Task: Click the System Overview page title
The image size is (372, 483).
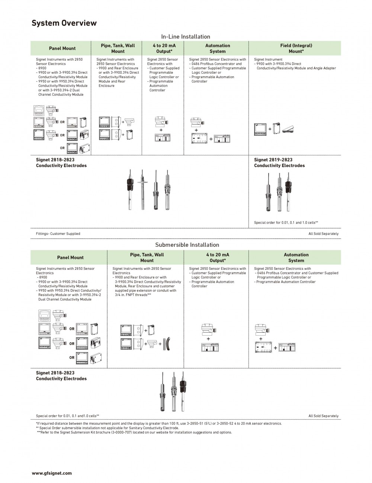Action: click(64, 23)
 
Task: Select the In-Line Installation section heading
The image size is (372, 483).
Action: click(186, 36)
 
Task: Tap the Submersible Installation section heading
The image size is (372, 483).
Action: click(187, 245)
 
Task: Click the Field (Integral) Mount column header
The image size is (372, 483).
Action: click(296, 48)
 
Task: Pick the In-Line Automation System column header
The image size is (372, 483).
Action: click(218, 48)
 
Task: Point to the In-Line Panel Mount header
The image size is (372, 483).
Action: click(62, 48)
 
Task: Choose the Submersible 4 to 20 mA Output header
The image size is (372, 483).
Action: click(218, 258)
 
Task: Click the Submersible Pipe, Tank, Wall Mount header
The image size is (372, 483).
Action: click(147, 258)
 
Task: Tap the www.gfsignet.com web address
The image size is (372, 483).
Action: click(52, 473)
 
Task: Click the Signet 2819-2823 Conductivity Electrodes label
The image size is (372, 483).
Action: click(279, 163)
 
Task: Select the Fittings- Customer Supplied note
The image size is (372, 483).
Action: click(58, 234)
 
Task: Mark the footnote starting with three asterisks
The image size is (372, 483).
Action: click(134, 432)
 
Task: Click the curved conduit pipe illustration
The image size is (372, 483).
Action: click(168, 344)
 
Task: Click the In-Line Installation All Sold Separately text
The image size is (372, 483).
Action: click(323, 234)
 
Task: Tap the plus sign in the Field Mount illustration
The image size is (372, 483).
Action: click(270, 129)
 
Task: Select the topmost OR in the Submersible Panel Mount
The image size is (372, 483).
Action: click(72, 329)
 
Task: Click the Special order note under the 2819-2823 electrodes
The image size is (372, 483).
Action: click(286, 223)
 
